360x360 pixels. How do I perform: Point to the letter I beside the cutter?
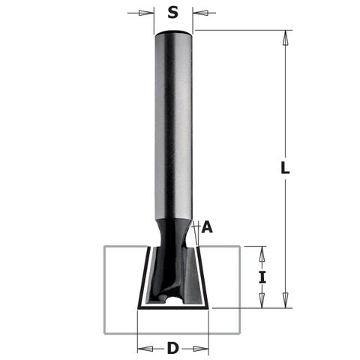(x=262, y=277)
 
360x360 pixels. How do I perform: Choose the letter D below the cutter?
(x=173, y=348)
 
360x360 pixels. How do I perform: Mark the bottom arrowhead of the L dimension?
(x=285, y=303)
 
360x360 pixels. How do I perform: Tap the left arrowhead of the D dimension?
(x=142, y=348)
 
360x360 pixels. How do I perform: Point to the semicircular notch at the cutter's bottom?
(x=173, y=301)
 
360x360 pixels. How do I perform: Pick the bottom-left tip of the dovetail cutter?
(x=139, y=307)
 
